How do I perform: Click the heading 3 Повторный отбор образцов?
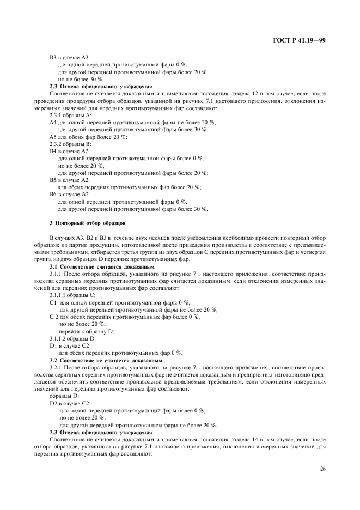88,223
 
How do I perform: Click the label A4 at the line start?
53,123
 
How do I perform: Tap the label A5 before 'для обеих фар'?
53,137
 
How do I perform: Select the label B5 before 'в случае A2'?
53,180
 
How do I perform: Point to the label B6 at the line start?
53,194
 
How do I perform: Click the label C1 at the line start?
53,302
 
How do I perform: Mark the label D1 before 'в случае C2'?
53,345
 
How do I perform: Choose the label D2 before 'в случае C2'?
53,403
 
